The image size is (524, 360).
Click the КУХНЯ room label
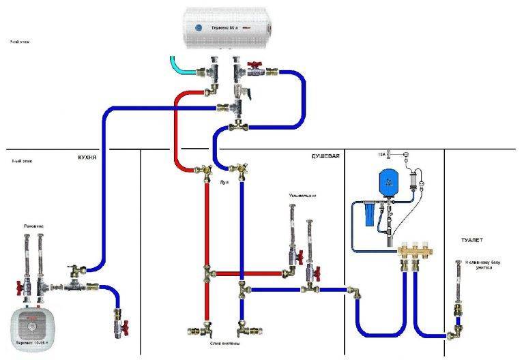point(87,157)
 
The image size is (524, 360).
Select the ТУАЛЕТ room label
point(474,241)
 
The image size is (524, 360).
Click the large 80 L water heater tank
point(228,29)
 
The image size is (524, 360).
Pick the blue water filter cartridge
point(369,214)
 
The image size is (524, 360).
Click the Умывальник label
point(303,196)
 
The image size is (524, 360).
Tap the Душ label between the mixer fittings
point(224,183)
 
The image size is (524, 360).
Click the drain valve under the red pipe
point(204,331)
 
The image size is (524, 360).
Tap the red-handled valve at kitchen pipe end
point(117,318)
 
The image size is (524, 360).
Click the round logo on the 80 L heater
point(199,27)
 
